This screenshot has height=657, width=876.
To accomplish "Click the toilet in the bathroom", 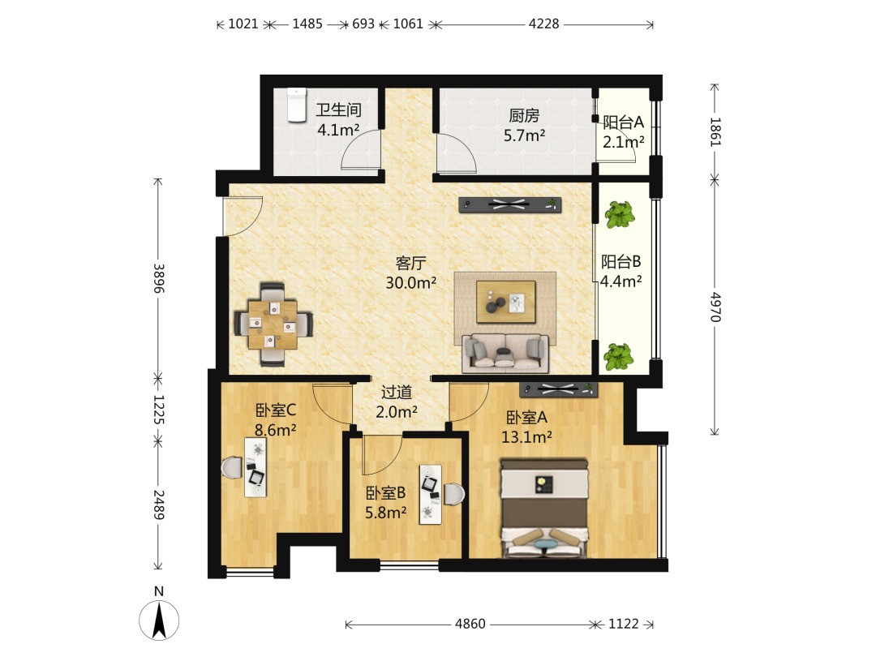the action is (297, 105).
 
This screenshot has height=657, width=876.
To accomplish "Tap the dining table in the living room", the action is (273, 324).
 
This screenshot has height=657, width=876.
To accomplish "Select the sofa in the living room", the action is (505, 353).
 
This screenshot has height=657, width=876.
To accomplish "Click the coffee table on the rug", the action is (505, 302).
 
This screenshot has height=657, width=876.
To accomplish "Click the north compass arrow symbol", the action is (159, 620).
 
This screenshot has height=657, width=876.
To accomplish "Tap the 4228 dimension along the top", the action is (543, 24).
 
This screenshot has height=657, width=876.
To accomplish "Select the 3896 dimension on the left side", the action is (159, 278).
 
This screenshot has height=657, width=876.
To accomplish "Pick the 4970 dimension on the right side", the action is (715, 307).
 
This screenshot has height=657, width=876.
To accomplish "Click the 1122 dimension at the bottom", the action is (623, 624).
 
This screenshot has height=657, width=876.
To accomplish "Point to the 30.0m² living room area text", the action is (410, 283).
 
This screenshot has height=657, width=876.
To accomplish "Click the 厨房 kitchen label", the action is (524, 116).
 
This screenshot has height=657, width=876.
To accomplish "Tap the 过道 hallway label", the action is (396, 393).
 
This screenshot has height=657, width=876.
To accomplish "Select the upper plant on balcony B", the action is (620, 215).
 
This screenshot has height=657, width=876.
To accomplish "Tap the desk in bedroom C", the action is (255, 467).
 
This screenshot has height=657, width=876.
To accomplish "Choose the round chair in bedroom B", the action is (454, 495).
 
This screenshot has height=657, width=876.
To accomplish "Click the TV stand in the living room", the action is (510, 205).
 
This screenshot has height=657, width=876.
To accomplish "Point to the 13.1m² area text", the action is (526, 437).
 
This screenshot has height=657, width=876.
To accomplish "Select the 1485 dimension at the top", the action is (307, 24).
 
